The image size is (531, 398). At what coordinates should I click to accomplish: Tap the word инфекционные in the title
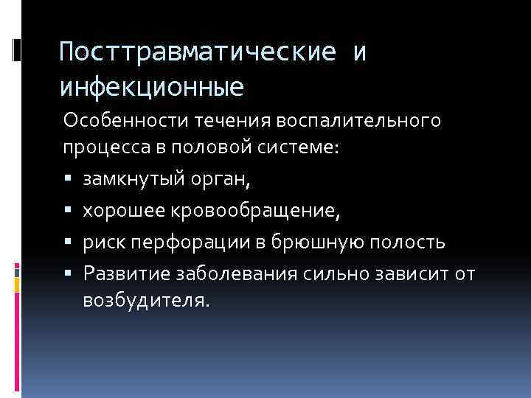pos(152,88)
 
